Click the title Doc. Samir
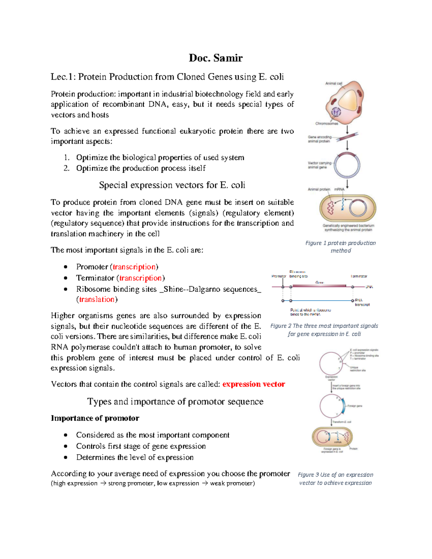216,58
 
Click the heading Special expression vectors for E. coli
172,185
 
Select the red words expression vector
253,384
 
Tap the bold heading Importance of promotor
95,418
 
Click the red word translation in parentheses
96,299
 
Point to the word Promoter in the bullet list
92,267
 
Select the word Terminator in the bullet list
95,278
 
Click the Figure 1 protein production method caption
340,247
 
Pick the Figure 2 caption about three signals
324,330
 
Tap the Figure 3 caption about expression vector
335,479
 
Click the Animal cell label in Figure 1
334,84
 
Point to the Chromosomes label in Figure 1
327,123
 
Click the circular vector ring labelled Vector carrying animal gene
347,166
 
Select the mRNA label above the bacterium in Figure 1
339,189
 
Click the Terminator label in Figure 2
359,276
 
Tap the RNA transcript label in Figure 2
361,302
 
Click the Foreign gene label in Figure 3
355,406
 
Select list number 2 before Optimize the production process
66,168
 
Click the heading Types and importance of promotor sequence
175,402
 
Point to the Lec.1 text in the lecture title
63,77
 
